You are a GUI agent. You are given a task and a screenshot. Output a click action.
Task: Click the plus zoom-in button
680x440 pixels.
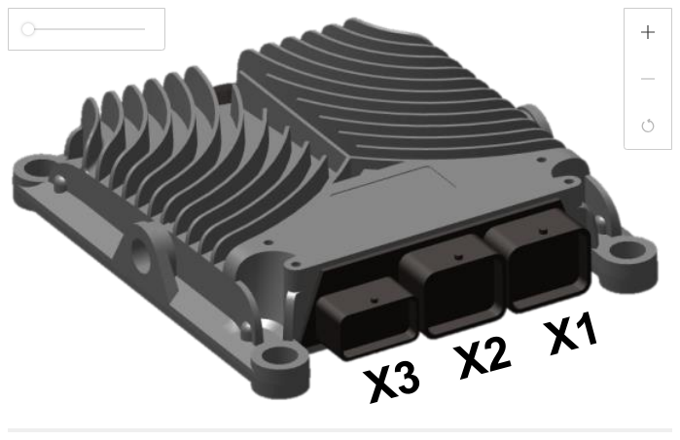648,32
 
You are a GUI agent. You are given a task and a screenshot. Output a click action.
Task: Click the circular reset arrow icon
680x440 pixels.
648,126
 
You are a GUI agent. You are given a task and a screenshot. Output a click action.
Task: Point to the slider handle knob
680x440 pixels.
28,29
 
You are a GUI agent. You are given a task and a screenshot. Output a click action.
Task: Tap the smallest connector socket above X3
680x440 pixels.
367,319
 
